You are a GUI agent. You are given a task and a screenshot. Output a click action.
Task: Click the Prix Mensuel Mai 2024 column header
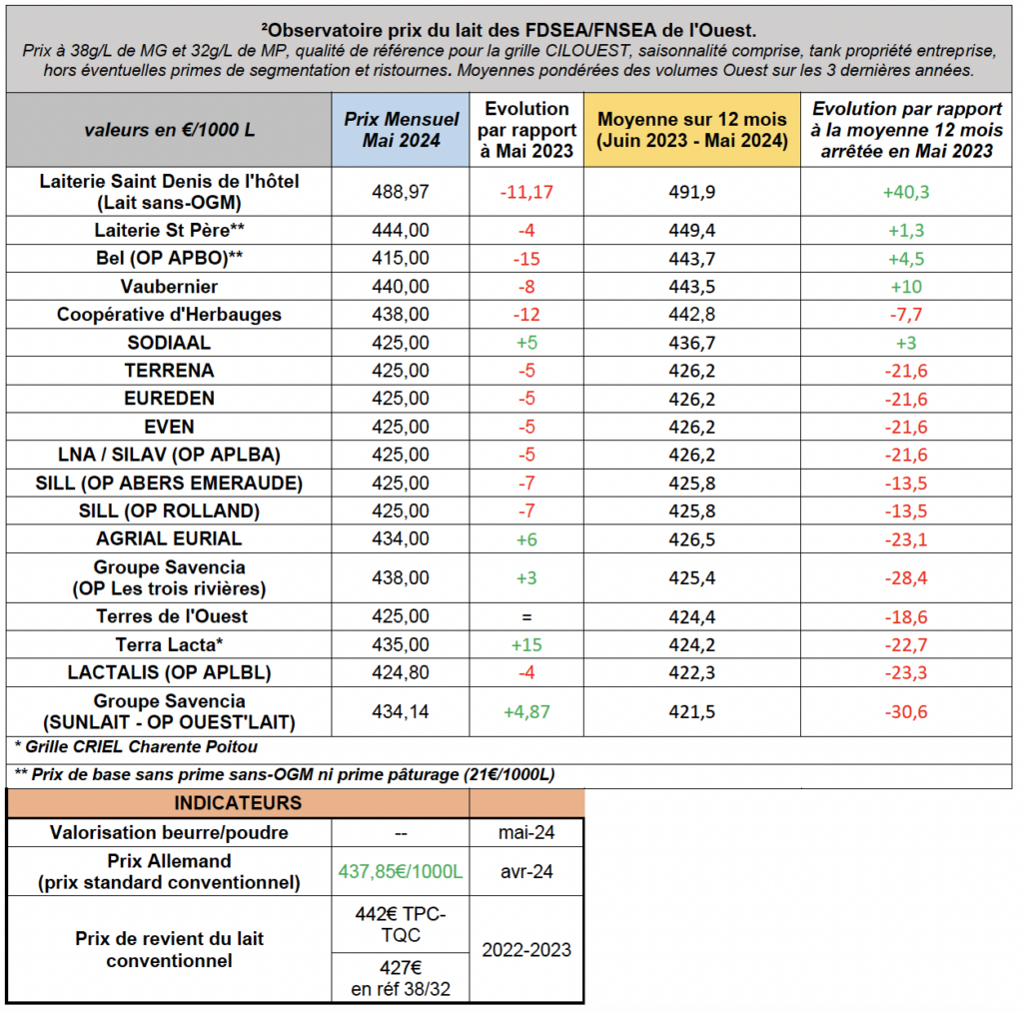(x=401, y=130)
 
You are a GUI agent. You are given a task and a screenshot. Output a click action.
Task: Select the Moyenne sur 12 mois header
(x=691, y=130)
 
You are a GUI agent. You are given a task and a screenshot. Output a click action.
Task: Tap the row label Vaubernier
(x=169, y=287)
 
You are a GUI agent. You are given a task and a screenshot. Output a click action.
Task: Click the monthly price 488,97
(x=401, y=192)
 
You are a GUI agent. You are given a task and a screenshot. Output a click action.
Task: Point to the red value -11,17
(x=526, y=192)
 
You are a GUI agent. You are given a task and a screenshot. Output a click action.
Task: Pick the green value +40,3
(x=905, y=192)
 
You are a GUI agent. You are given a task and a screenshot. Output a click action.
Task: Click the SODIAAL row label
(x=169, y=343)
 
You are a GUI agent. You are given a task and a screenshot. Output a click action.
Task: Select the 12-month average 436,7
(x=691, y=343)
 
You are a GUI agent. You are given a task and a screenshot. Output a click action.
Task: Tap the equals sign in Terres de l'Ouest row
(x=526, y=616)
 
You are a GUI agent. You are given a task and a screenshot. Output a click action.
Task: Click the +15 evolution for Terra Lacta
(x=526, y=644)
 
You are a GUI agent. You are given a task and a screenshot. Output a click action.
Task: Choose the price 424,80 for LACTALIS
(x=401, y=672)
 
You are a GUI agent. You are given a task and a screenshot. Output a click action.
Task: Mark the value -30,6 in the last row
(x=905, y=712)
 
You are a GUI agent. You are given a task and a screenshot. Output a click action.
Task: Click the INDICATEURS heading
(x=238, y=802)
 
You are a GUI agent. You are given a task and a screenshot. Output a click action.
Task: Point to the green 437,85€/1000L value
(x=401, y=872)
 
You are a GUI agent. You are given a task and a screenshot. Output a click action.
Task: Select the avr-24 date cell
(x=526, y=872)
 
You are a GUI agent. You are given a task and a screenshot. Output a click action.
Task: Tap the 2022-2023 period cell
(x=526, y=950)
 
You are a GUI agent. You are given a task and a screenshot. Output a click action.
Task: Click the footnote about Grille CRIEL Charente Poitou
(x=136, y=747)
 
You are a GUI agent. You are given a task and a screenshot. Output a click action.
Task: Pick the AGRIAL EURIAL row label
(x=169, y=538)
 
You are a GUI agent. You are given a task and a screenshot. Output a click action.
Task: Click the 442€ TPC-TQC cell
(x=401, y=924)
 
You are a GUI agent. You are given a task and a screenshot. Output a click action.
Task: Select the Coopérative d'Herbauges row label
(x=169, y=315)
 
